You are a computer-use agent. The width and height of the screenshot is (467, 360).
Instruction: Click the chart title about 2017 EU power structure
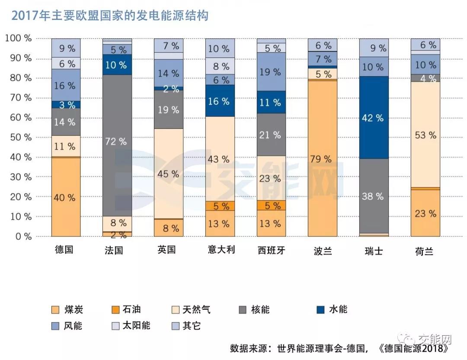click(x=110, y=16)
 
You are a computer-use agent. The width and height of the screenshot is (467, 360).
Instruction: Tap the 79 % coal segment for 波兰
click(x=323, y=158)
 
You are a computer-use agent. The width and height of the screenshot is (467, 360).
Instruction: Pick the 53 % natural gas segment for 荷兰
click(x=425, y=135)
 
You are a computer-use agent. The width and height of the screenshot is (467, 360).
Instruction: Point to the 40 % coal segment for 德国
click(x=66, y=197)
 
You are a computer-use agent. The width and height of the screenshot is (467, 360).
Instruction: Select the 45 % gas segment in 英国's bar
click(x=169, y=174)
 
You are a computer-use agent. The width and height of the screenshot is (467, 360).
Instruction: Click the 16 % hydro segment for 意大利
click(x=220, y=101)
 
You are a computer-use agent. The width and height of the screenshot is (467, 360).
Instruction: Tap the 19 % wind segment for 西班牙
click(x=271, y=72)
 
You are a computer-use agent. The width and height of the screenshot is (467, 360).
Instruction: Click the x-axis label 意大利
click(x=220, y=250)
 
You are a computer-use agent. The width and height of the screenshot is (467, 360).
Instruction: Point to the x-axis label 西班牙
click(x=271, y=251)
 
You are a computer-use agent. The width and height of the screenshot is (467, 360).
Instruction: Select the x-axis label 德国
click(x=64, y=250)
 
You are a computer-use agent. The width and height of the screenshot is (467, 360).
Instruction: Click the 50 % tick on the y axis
click(x=18, y=138)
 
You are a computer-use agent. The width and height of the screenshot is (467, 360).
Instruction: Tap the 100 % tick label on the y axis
click(x=18, y=39)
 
